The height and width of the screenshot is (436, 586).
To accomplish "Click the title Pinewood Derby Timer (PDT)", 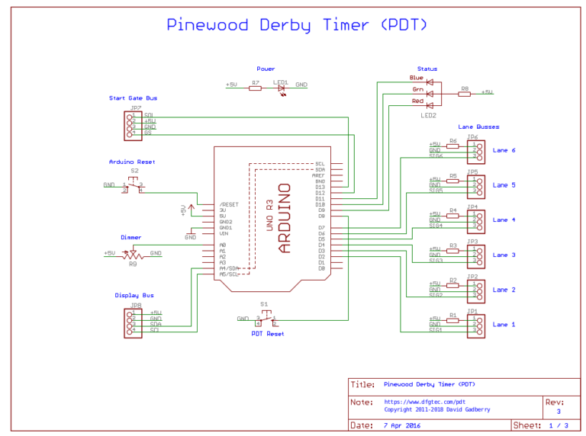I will (x=297, y=24).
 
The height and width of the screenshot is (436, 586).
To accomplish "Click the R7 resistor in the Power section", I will (x=256, y=88).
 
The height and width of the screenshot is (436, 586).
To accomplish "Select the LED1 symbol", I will (x=281, y=88).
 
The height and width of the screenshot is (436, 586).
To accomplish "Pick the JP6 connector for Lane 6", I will (x=474, y=150).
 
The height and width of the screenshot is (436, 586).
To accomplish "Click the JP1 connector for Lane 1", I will (x=474, y=325).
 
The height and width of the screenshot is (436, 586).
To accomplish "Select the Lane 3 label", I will (x=504, y=255).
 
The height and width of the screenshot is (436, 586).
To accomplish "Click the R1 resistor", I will (x=453, y=319).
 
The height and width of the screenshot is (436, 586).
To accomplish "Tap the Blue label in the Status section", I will (x=416, y=78).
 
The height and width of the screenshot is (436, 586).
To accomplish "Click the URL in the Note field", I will (x=414, y=402).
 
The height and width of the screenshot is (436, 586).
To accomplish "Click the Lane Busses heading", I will (x=478, y=127).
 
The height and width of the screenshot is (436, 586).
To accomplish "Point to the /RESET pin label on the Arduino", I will (x=228, y=204).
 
